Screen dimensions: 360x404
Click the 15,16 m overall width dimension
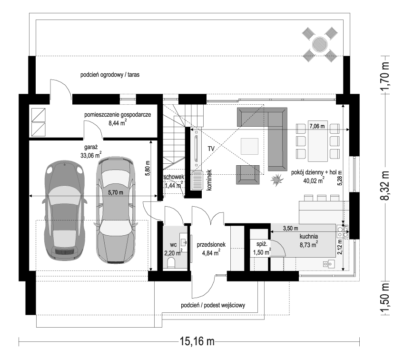197,341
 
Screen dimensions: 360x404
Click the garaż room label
92,148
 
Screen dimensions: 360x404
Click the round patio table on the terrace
320,45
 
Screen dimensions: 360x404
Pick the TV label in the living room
211,149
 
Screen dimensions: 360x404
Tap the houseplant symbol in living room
276,180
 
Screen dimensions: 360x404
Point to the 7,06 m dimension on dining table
317,126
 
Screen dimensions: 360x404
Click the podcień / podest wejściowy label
213,306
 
